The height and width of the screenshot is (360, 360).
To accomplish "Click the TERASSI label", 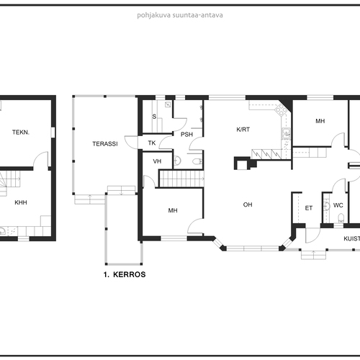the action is tap(105, 144).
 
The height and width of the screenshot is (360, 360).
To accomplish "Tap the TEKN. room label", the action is tap(21, 132).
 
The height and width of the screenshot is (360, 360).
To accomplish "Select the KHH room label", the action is tap(21, 202).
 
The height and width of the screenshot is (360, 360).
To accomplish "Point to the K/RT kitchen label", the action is tap(243, 130).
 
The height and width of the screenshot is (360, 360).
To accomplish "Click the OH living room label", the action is tap(248, 204).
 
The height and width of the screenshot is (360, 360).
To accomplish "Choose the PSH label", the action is tap(186, 135).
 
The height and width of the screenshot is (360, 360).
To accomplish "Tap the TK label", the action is tap(152, 143).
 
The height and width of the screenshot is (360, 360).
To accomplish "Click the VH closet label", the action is tap(157, 161).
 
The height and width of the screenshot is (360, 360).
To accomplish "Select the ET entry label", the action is tap(309, 208).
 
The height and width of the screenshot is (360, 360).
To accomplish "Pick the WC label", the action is tap(338, 205).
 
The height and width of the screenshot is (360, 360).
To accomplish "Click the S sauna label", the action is tap(154, 117).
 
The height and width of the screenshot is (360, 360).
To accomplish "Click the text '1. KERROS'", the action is tap(125, 274).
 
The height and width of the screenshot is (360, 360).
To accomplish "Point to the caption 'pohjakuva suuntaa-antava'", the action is tap(180, 15).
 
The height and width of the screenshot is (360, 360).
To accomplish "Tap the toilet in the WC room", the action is tap(341, 218).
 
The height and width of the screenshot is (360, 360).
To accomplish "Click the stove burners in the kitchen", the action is tap(281, 110).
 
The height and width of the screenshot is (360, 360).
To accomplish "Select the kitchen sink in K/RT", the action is tap(286, 134).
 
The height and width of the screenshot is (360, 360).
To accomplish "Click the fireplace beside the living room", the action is tap(245, 163).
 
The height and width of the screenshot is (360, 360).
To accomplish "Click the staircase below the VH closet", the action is tap(181, 179).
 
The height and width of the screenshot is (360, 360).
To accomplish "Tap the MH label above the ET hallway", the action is tap(320, 121).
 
